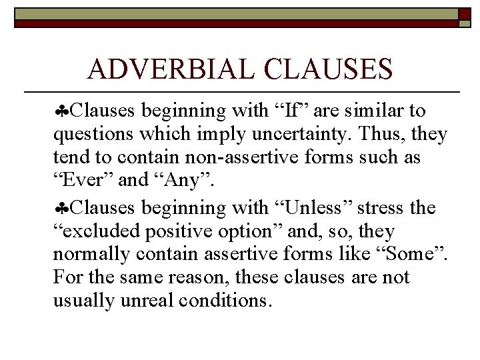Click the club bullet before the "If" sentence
click(62, 110)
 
